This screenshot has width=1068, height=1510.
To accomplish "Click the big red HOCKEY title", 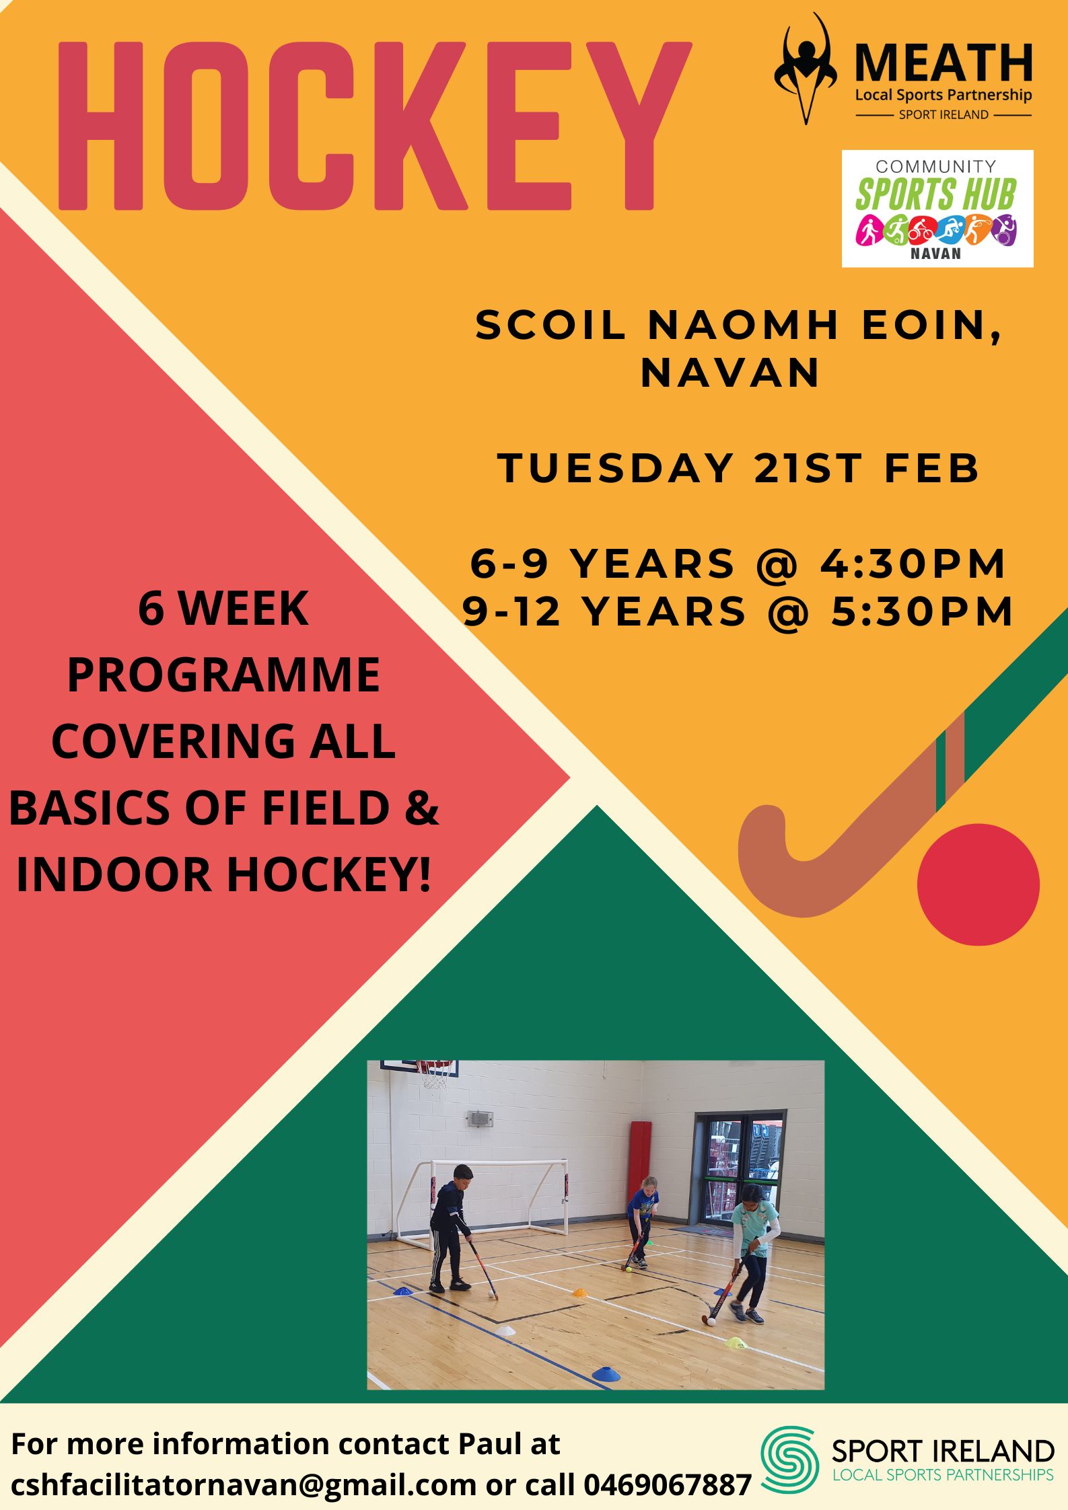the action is tap(375, 126).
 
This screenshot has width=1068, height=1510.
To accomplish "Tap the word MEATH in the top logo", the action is tap(944, 63).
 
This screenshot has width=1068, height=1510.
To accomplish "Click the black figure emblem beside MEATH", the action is tap(806, 69).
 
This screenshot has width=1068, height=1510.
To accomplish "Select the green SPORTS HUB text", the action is tap(935, 194).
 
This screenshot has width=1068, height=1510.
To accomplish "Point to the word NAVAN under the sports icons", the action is tap(936, 254).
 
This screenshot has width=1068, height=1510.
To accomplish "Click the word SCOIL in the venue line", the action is tap(550, 325).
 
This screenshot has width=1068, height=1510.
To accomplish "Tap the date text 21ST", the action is tap(808, 468).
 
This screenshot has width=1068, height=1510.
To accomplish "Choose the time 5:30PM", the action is tap(922, 611).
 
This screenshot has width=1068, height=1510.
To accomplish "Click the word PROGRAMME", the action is tap(223, 675).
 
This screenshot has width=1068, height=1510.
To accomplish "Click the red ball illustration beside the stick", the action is tap(978, 884).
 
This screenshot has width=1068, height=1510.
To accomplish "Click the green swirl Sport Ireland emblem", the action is tap(789, 1456).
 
